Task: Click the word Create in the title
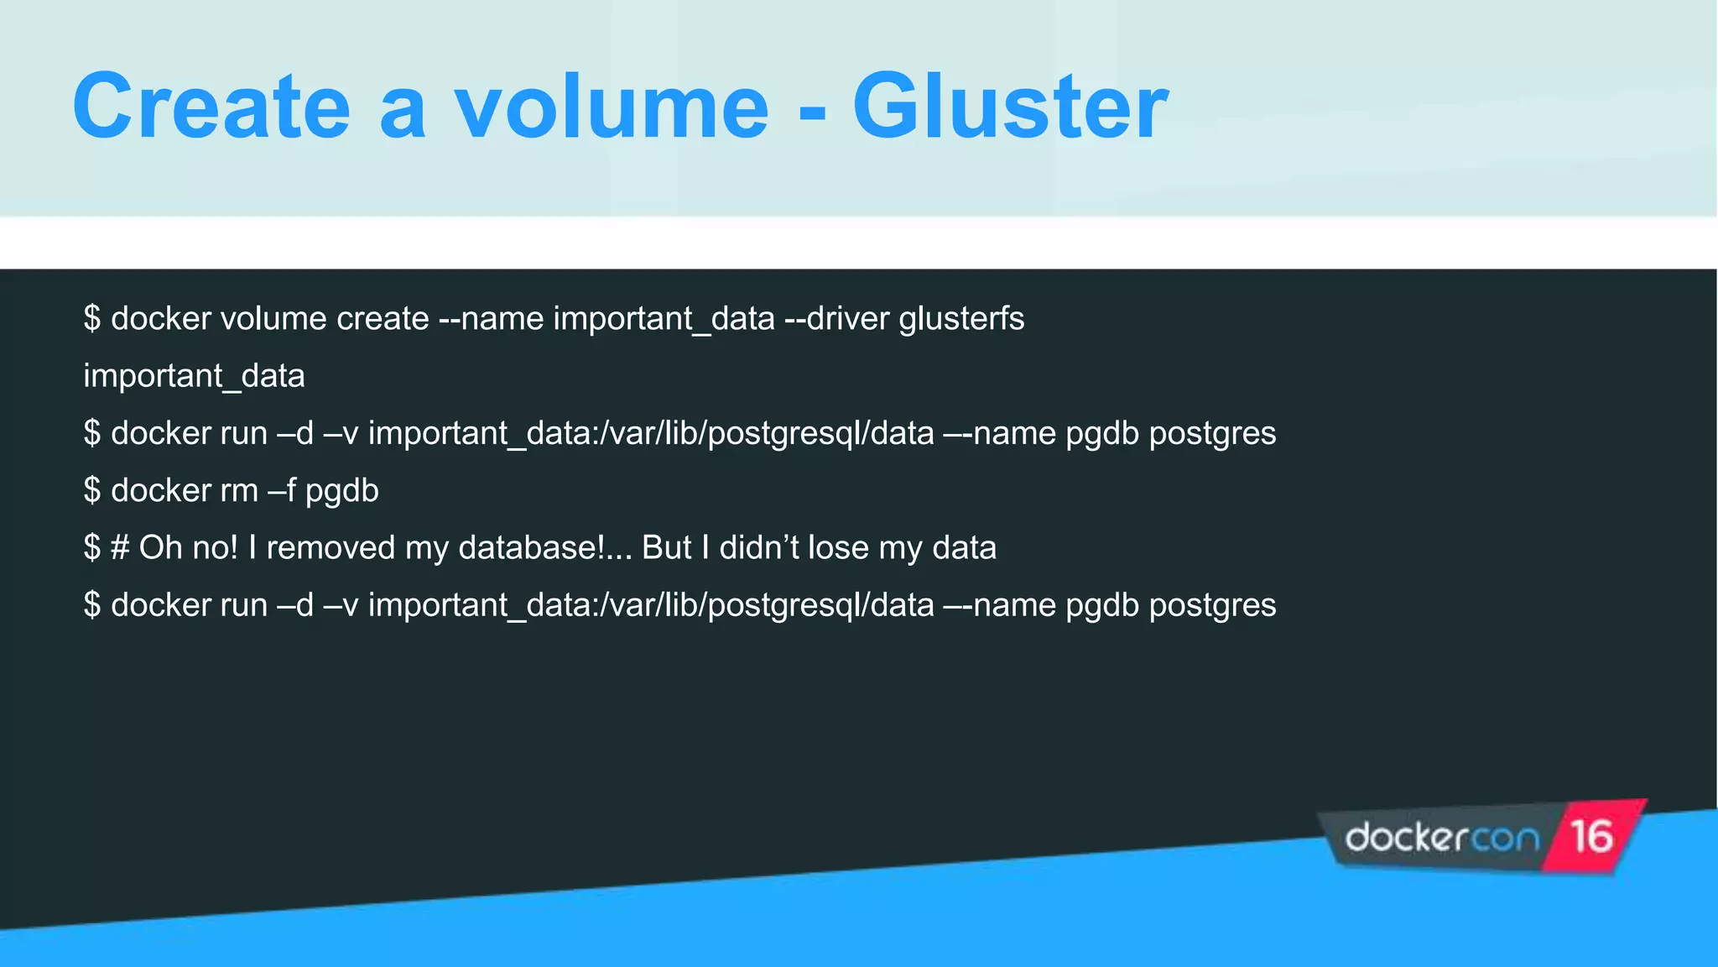211,107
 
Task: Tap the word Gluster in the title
1010,107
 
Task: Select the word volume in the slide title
611,107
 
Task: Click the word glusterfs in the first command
961,319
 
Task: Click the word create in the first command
383,319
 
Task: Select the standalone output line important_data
194,376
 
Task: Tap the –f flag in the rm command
282,490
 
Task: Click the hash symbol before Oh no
120,547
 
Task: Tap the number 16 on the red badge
1591,837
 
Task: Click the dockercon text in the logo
1441,838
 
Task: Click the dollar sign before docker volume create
92,319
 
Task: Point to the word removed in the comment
331,547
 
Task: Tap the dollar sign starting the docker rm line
92,490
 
